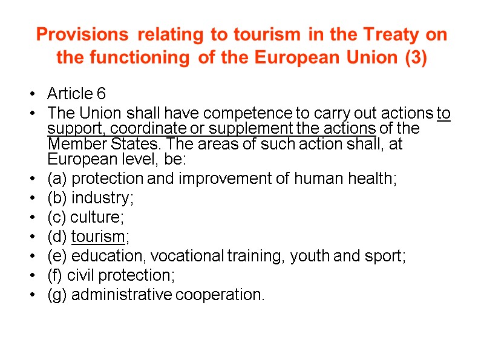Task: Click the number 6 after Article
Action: tap(101, 94)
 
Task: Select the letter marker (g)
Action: tap(57, 295)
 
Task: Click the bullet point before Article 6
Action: tap(31, 94)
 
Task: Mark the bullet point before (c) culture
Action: tap(31, 217)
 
